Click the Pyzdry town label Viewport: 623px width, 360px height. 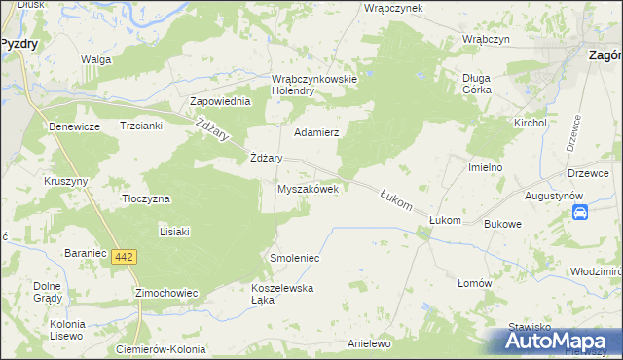point(18,44)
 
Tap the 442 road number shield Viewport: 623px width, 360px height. point(123,257)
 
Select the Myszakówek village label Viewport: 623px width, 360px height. point(309,190)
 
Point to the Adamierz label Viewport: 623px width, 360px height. point(315,131)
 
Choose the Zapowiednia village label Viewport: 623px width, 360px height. point(221,101)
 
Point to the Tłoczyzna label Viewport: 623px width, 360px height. point(145,198)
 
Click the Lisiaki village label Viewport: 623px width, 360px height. point(173,232)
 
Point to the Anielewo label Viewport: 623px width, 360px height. point(369,344)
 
